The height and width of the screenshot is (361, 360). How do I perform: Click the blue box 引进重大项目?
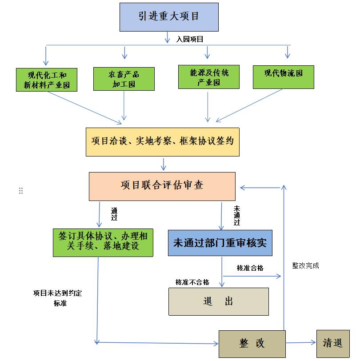[169, 17]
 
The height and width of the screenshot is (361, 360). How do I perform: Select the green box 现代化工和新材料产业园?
[46, 80]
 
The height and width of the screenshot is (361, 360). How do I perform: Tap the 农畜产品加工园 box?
[124, 79]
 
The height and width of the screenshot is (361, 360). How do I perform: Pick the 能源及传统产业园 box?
[209, 77]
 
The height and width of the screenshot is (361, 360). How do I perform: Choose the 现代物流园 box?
[283, 76]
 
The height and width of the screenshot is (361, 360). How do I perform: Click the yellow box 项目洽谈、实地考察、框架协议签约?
[162, 142]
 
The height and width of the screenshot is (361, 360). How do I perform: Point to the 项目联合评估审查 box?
[162, 186]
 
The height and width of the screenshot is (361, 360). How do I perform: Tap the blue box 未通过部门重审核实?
[220, 243]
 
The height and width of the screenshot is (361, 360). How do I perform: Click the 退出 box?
[218, 301]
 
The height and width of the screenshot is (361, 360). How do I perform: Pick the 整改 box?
[252, 344]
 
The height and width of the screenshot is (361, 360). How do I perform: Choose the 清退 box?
[333, 343]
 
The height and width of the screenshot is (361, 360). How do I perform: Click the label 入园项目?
[190, 39]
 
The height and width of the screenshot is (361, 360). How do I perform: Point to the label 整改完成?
[305, 265]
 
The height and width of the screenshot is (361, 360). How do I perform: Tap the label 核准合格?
[250, 268]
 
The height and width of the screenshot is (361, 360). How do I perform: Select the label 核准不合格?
[192, 282]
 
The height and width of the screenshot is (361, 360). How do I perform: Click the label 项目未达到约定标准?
[57, 298]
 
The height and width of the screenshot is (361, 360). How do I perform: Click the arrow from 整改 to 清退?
[300, 343]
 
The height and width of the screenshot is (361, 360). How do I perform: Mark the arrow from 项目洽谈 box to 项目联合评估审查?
[164, 164]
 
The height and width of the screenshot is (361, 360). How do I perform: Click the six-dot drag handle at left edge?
[21, 191]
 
